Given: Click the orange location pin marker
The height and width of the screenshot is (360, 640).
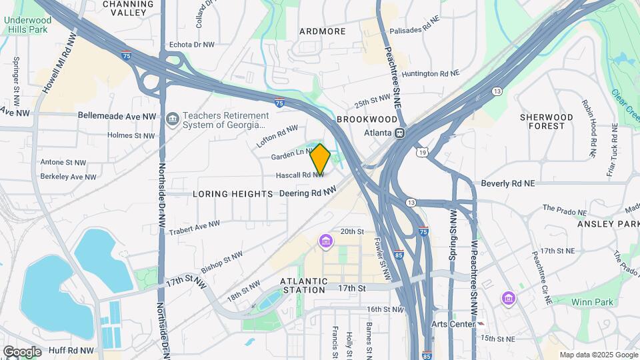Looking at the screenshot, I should (320, 159).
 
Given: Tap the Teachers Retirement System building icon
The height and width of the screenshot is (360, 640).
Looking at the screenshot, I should (173, 119).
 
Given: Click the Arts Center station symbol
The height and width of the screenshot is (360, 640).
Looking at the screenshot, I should (481, 324).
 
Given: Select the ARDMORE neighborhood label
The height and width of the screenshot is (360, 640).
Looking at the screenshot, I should (323, 31).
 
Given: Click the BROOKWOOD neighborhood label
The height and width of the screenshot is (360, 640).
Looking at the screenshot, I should (367, 119).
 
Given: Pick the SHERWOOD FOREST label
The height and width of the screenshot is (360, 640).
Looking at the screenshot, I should (547, 121).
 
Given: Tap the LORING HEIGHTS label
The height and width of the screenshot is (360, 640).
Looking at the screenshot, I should (233, 194).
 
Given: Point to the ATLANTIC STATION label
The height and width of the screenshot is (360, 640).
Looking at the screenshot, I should (304, 285).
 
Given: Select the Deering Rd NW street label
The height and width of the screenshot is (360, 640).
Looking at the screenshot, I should (307, 193).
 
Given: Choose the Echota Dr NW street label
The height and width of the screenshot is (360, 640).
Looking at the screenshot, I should (191, 45).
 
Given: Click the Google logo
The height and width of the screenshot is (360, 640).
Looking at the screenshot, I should (22, 351).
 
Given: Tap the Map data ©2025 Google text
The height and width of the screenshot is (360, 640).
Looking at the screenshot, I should (598, 355).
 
